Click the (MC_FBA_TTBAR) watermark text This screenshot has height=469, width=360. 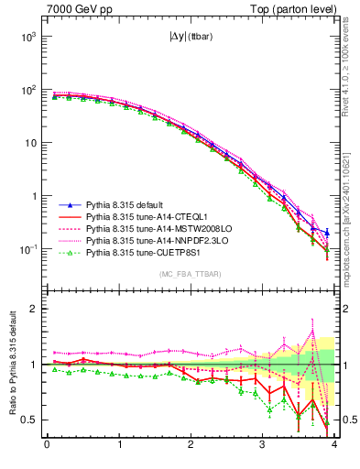pyautogui.click(x=191, y=275)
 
